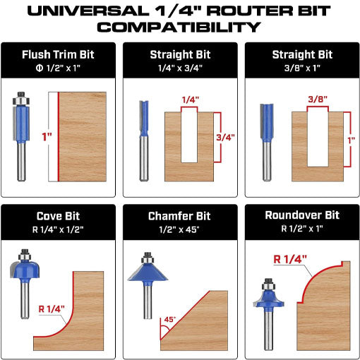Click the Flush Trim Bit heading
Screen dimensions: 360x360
pyautogui.click(x=58, y=54)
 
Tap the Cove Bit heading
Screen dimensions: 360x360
pyautogui.click(x=58, y=216)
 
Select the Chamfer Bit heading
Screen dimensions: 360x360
pyautogui.click(x=179, y=216)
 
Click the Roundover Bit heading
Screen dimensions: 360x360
pyautogui.click(x=302, y=215)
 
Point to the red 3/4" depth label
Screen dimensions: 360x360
pyautogui.click(x=225, y=138)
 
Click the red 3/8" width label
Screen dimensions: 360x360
pyautogui.click(x=318, y=100)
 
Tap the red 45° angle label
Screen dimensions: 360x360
pyautogui.click(x=170, y=319)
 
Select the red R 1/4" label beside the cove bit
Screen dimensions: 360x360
pyautogui.click(x=52, y=309)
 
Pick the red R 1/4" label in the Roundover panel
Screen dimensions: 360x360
pyautogui.click(x=290, y=259)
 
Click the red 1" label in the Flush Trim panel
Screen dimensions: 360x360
pyautogui.click(x=47, y=137)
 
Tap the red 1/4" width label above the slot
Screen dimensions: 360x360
pyautogui.click(x=191, y=100)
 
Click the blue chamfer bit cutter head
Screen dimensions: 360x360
pyautogui.click(x=148, y=272)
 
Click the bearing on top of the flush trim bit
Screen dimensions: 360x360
pyautogui.click(x=21, y=101)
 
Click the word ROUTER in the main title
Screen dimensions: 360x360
pyautogui.click(x=250, y=11)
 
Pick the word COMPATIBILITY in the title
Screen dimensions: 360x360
pyautogui.click(x=179, y=27)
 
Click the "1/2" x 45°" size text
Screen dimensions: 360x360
pyautogui.click(x=179, y=229)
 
